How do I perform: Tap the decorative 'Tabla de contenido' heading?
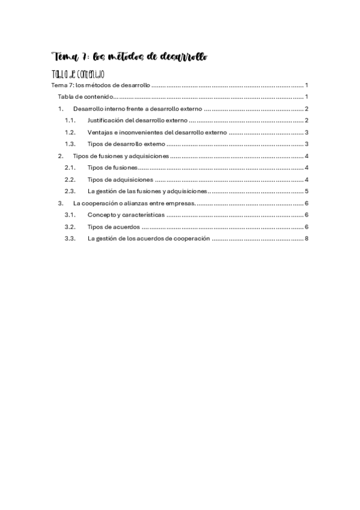point(79,75)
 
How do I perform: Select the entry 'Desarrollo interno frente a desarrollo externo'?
point(138,109)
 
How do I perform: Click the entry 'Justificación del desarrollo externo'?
point(137,121)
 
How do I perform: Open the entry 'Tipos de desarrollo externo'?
point(126,144)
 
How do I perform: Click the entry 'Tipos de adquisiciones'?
point(120,180)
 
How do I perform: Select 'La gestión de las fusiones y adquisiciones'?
point(147,191)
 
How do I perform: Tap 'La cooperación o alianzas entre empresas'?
point(133,203)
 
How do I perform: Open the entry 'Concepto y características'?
point(125,215)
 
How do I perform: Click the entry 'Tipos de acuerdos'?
point(114,227)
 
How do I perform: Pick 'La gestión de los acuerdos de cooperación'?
point(148,238)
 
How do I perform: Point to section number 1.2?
point(70,132)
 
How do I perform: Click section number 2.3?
point(70,191)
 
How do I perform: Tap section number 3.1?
point(70,215)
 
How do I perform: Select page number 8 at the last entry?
point(307,238)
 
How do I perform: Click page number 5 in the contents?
point(307,191)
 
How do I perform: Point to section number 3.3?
point(70,238)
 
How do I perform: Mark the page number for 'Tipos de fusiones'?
point(307,168)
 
